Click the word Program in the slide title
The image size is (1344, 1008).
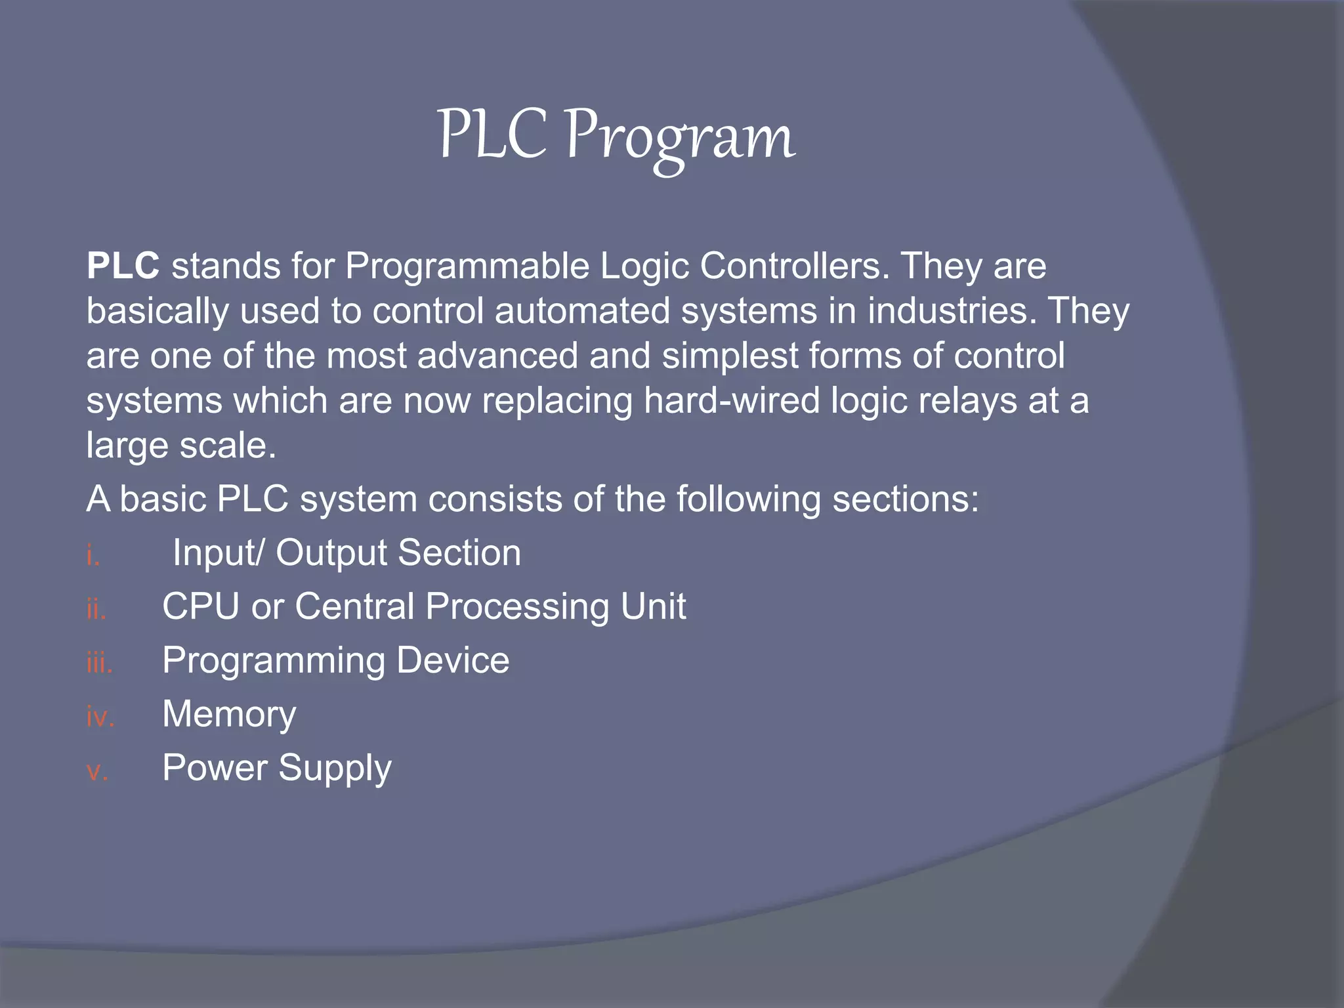tap(680, 136)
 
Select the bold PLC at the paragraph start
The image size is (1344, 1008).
tap(123, 266)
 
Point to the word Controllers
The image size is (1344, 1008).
tap(795, 266)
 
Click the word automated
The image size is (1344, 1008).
tap(582, 310)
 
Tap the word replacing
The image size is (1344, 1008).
tap(556, 401)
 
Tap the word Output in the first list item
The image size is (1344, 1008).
tap(331, 553)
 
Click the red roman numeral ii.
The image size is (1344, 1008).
tap(96, 610)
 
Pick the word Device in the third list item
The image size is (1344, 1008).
tap(453, 660)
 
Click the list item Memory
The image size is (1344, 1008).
tap(229, 715)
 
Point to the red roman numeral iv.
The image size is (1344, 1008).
tap(100, 717)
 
